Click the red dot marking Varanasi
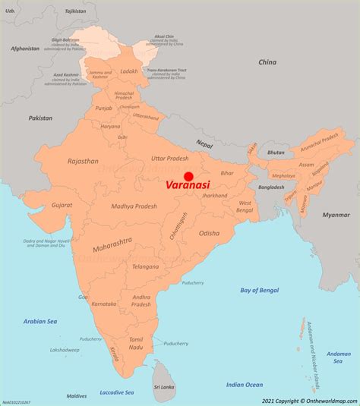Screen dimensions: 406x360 [188, 176]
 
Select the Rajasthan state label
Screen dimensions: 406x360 [83, 161]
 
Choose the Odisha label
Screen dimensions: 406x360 [210, 233]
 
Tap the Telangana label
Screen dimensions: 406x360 [145, 266]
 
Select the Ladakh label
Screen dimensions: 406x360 [129, 71]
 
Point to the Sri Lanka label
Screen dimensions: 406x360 [164, 387]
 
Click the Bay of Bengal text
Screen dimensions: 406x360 [260, 290]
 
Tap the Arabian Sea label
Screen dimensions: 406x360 [41, 322]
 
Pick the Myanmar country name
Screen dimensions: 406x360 [336, 215]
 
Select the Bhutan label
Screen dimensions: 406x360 [276, 153]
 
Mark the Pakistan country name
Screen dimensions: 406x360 [40, 118]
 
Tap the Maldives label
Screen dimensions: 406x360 [76, 395]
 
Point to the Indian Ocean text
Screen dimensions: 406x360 [245, 384]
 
